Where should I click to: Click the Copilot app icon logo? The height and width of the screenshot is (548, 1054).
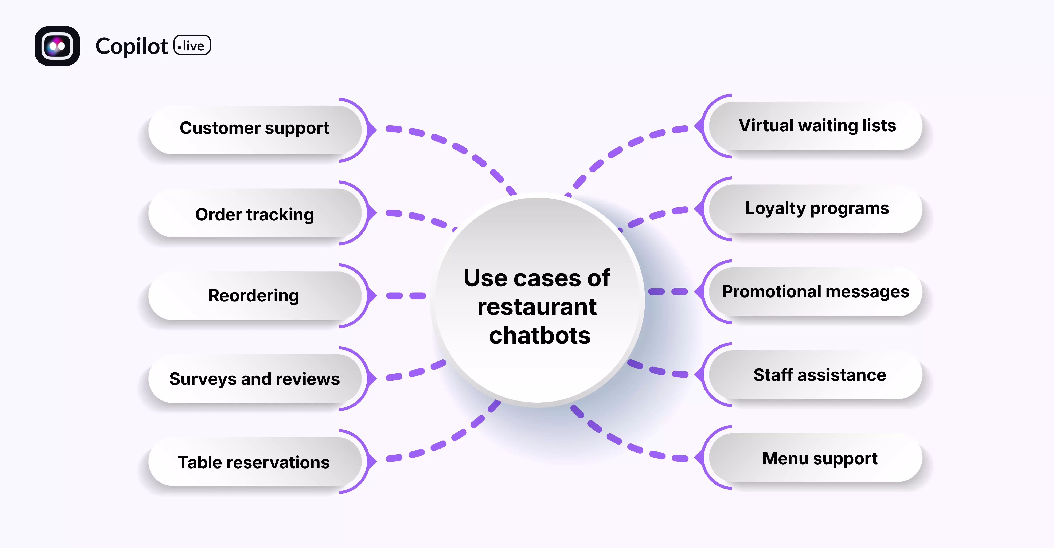point(57,46)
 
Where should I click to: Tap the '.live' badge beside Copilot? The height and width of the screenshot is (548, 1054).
point(192,45)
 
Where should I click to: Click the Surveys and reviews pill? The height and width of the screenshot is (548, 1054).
point(254,379)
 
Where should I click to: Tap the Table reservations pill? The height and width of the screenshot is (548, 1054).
point(254,462)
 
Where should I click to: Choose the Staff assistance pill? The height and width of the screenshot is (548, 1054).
point(820,375)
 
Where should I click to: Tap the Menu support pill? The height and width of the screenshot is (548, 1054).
point(820,458)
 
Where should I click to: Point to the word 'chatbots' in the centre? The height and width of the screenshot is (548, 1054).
point(539,336)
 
